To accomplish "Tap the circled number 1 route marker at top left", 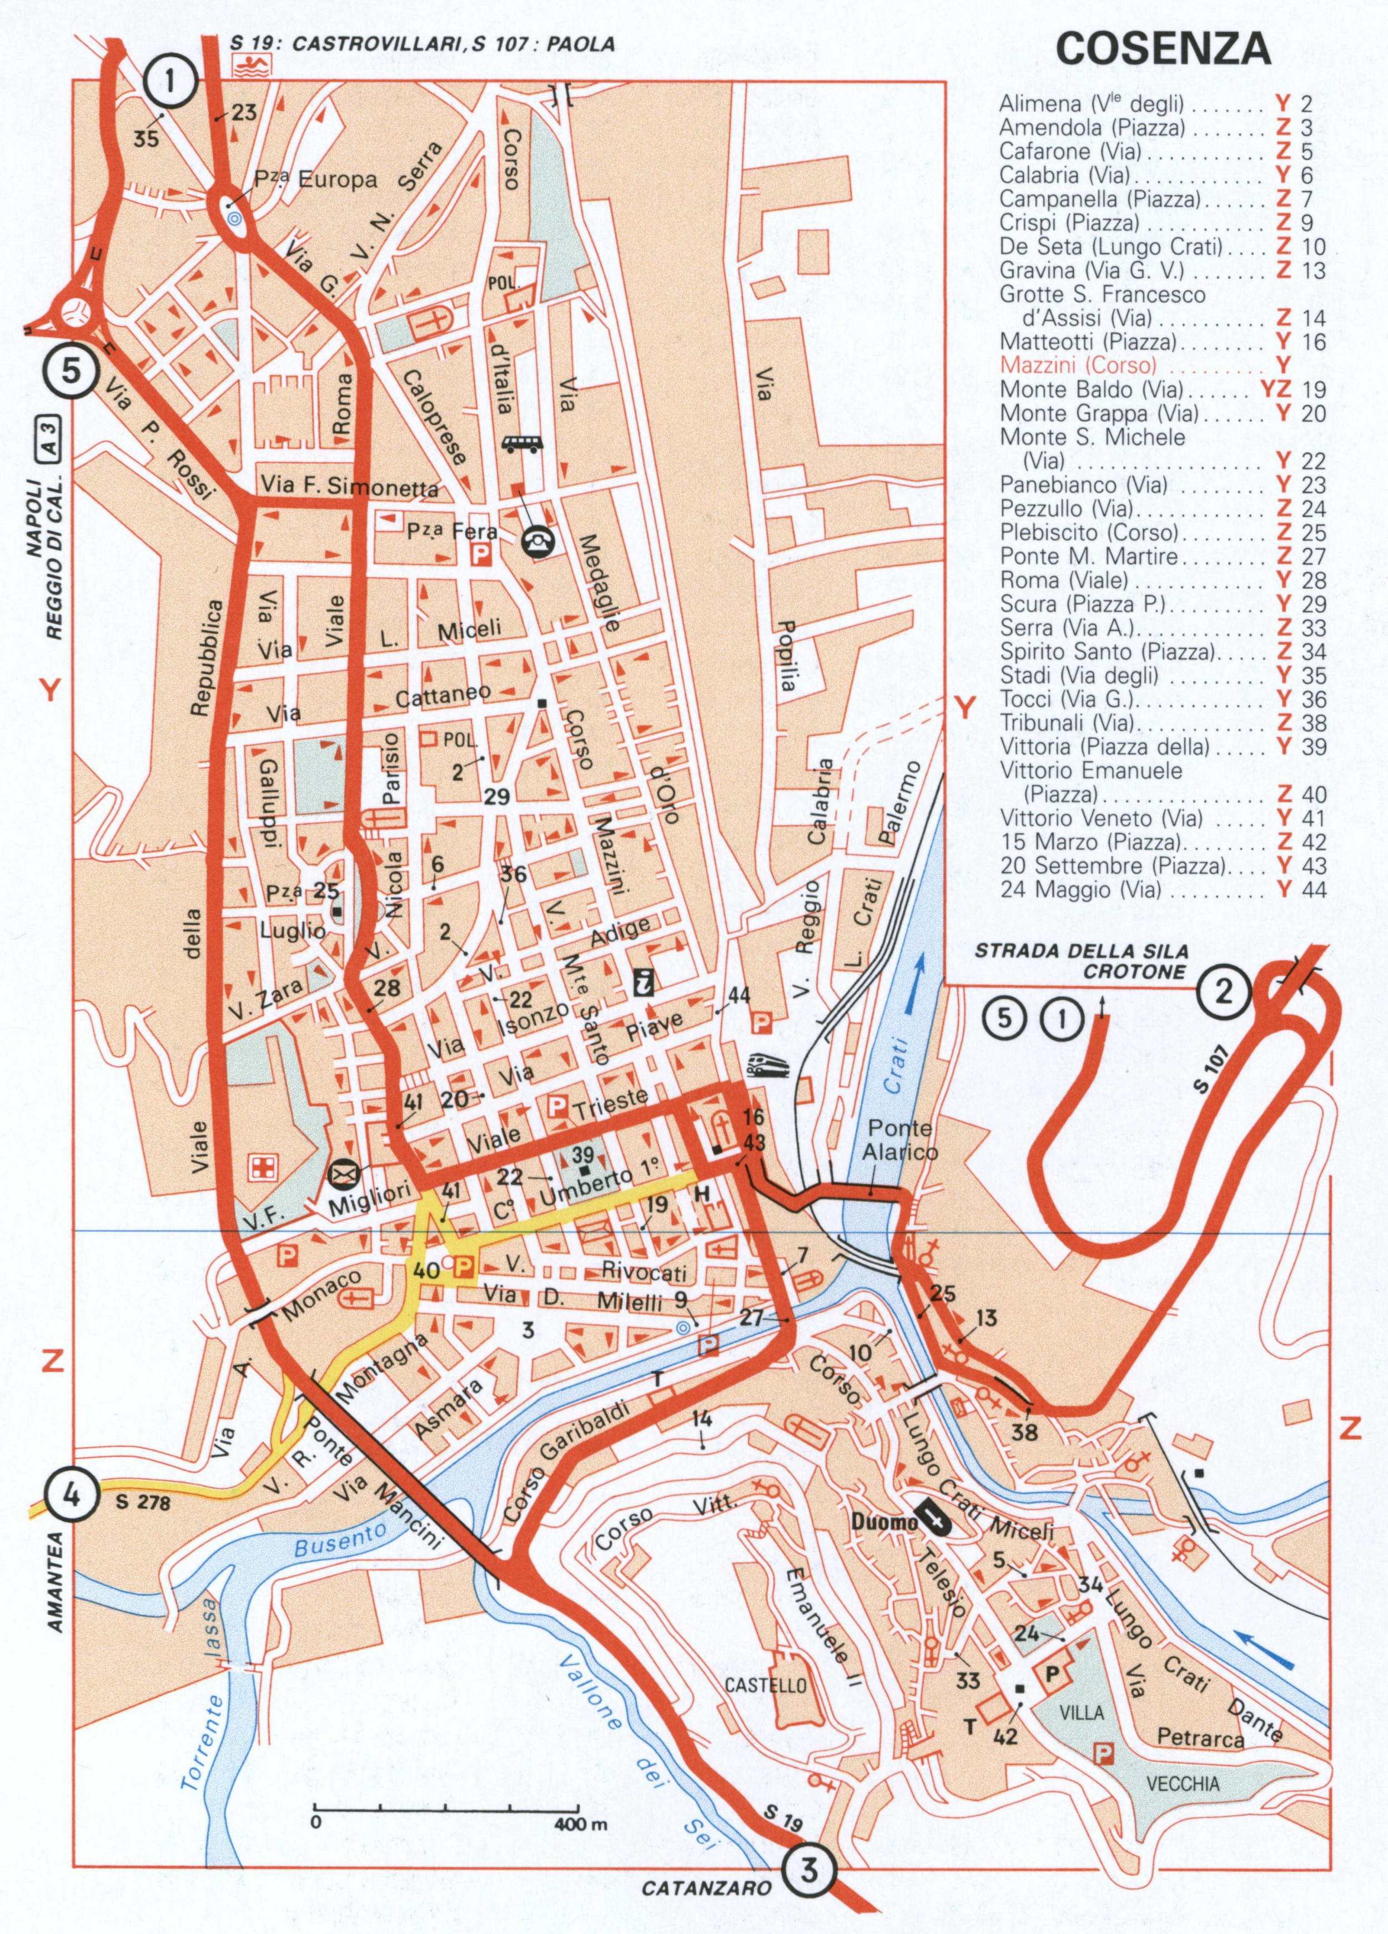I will coord(170,81).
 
